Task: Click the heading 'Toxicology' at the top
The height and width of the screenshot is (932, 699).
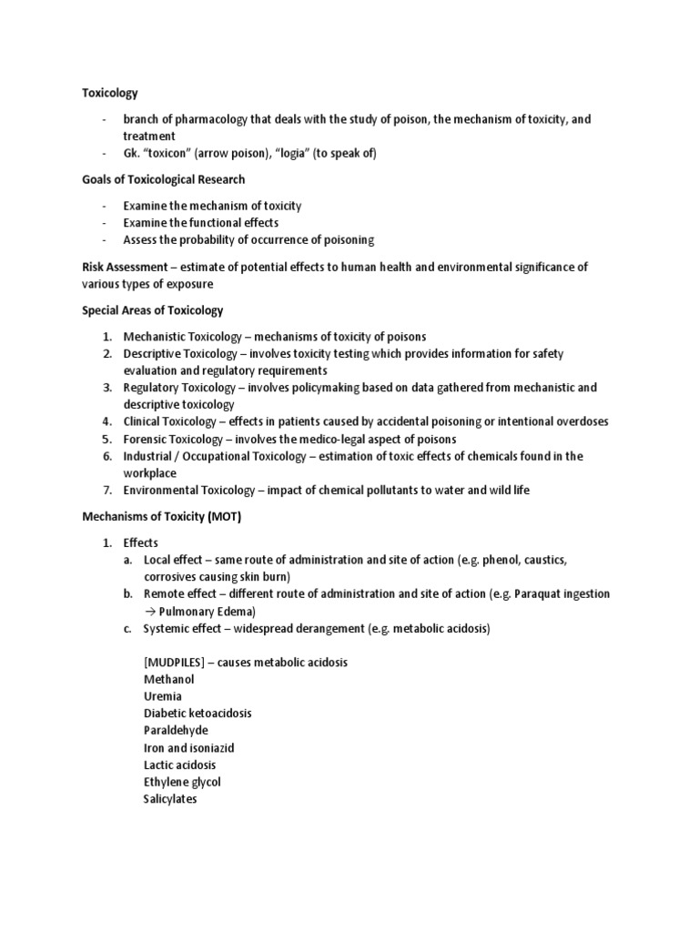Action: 110,92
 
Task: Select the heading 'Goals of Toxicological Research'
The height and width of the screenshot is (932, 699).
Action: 163,179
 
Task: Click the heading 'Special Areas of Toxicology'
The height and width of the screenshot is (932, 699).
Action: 153,310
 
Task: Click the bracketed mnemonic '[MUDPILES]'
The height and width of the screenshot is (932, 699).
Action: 174,662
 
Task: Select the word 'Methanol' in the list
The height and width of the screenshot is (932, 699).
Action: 169,679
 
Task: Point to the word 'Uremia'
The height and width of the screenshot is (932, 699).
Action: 163,696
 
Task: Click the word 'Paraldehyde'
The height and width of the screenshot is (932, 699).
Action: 176,730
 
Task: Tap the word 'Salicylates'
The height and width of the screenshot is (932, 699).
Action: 170,799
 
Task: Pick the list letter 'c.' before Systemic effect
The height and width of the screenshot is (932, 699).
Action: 129,628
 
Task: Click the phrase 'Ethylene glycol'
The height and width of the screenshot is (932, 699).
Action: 182,782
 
